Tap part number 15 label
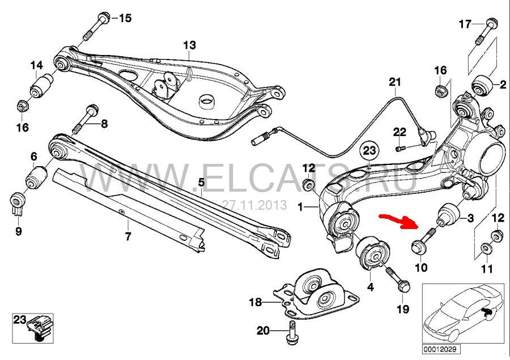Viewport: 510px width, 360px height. click(x=125, y=18)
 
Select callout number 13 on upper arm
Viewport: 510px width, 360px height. click(x=189, y=45)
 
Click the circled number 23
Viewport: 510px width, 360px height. click(x=369, y=151)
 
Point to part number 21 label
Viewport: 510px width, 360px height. click(x=395, y=82)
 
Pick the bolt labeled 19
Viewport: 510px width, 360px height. click(x=398, y=278)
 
